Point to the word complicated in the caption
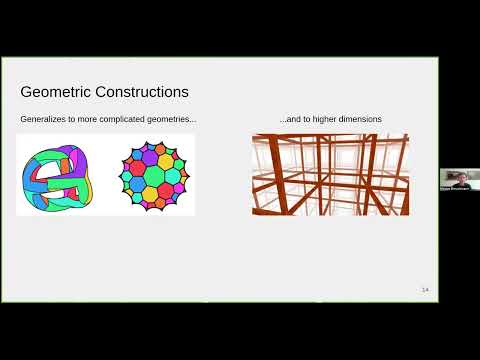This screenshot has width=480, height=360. point(130,119)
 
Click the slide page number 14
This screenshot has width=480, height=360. point(425,289)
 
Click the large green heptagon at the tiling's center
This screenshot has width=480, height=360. point(154,176)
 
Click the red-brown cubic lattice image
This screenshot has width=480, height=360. point(330,175)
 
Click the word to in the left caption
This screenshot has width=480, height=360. point(79,119)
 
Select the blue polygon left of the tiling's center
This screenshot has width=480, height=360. point(137,176)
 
